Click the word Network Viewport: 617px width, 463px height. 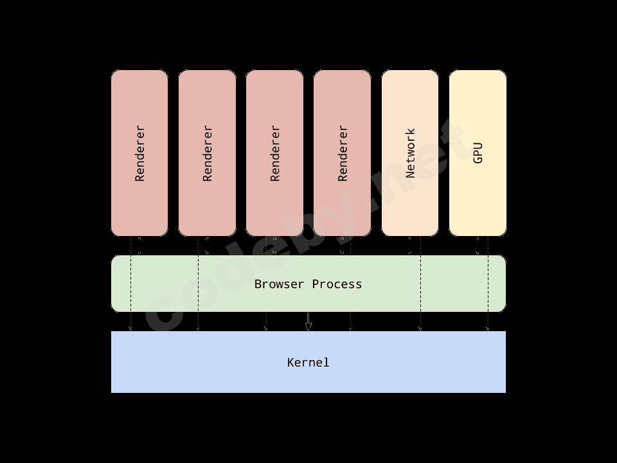point(410,153)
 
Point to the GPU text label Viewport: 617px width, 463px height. point(478,153)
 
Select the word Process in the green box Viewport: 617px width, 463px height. point(337,284)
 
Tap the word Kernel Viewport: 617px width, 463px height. point(308,363)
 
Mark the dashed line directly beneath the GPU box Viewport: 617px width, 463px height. point(488,283)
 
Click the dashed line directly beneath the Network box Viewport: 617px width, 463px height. point(420,283)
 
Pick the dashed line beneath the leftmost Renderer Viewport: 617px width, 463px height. point(131,283)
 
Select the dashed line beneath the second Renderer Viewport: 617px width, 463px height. point(198,283)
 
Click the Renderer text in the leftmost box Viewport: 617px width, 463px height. point(139,153)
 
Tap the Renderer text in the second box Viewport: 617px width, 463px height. point(207,153)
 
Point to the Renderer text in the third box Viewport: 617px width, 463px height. point(274,153)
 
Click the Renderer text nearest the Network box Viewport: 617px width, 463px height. point(342,153)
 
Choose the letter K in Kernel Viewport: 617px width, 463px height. point(291,363)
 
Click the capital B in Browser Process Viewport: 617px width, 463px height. point(258,284)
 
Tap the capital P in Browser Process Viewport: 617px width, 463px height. point(316,284)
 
